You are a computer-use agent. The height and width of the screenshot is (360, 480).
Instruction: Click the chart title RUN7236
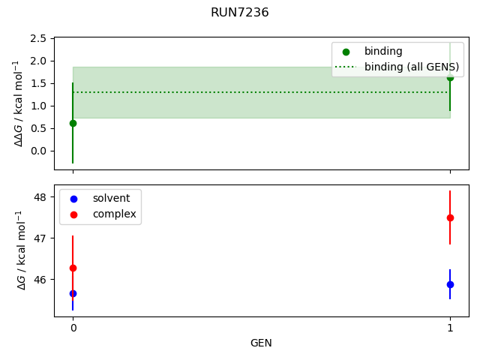pos(239,13)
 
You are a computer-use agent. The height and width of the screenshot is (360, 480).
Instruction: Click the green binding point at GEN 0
pos(73,123)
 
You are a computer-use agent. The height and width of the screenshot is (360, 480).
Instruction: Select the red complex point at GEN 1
pos(450,217)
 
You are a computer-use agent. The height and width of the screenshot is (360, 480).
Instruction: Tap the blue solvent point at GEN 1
pos(450,284)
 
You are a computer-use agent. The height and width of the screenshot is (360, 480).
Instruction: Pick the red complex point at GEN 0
pos(73,268)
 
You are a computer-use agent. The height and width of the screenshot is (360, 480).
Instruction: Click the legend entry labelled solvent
pos(111,199)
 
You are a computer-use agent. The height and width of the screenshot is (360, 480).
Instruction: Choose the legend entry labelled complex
pos(114,214)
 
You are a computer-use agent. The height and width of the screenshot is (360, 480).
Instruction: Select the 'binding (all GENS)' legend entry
pos(412,67)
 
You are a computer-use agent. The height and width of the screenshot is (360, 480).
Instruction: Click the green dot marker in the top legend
pos(346,52)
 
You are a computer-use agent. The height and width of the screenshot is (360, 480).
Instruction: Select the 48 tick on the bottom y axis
pos(40,197)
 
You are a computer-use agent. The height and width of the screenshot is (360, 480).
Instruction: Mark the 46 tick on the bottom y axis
pos(40,280)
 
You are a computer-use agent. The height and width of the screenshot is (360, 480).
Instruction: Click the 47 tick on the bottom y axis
pos(40,238)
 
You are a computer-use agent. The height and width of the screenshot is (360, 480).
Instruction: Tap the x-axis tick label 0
pos(73,328)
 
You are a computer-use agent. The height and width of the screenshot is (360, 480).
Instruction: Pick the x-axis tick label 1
pos(450,328)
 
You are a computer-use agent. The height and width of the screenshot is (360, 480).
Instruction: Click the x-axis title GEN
pos(261,343)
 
